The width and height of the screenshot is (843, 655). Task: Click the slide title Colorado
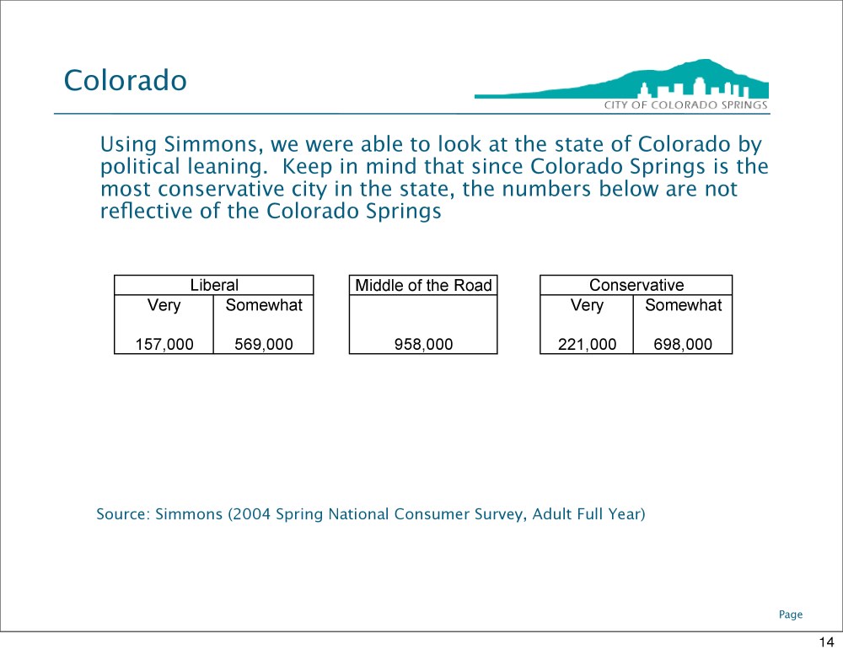(x=126, y=80)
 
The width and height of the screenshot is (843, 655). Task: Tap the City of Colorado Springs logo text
(x=685, y=105)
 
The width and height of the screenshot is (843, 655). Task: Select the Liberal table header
(x=214, y=285)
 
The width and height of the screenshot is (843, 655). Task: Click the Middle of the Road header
(x=423, y=285)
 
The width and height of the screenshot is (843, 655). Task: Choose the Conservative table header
(x=636, y=285)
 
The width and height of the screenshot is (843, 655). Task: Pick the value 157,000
(x=164, y=344)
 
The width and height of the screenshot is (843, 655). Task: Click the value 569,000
(x=263, y=344)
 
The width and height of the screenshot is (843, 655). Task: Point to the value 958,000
(x=423, y=344)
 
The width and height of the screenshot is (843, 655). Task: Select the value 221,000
(x=587, y=344)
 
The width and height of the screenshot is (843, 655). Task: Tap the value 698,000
(x=683, y=344)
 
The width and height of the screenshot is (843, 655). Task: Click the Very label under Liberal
(x=164, y=305)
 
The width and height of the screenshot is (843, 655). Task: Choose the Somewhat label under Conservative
(x=683, y=305)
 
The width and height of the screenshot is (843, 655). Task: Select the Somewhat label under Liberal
(x=263, y=305)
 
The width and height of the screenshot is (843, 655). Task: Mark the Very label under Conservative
(x=587, y=305)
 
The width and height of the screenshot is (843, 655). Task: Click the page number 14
(x=826, y=642)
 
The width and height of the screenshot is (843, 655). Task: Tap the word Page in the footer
(x=791, y=615)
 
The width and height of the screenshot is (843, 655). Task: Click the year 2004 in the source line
(x=251, y=514)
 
